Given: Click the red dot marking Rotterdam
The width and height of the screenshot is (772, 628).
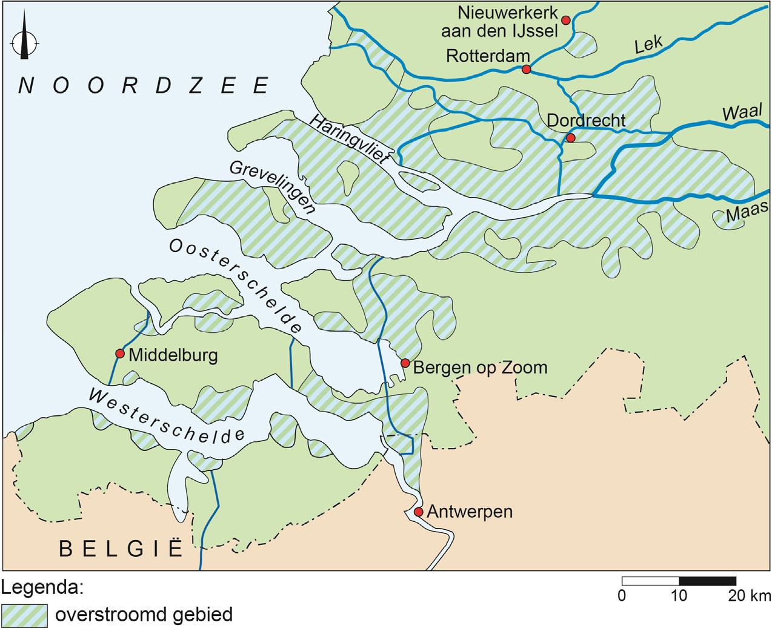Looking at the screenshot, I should coord(526,70).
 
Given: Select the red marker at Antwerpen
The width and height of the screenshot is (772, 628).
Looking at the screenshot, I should coord(418,512).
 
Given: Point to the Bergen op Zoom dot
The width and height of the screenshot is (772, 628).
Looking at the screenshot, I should coord(405,363).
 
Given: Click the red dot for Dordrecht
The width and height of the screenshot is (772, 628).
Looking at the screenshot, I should coord(570,138).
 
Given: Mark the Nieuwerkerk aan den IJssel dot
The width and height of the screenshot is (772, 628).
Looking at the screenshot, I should coord(566,20).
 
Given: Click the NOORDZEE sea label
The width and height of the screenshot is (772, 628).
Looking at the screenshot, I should coord(144,86).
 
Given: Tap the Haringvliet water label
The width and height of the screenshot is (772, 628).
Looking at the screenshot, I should coord(351,140).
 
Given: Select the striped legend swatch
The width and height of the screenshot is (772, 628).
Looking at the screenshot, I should coord(24,615).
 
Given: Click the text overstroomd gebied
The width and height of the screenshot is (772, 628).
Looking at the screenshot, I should coord(144,614).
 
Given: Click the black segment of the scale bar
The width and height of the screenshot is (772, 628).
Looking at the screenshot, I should coord(707,581).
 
